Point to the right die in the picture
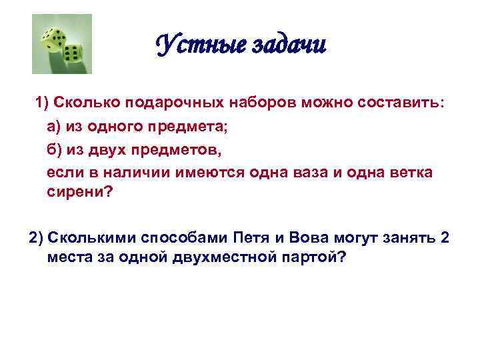[72, 53]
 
